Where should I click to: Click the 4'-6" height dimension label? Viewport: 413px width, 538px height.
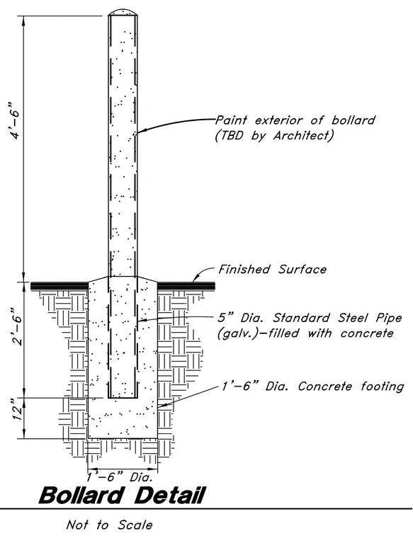(x=16, y=120)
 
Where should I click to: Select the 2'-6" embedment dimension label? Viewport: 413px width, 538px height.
(x=16, y=326)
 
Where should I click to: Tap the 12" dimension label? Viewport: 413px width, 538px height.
(x=16, y=410)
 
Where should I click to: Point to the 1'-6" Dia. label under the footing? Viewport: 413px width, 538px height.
(x=122, y=477)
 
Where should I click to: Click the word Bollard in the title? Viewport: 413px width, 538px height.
(x=81, y=496)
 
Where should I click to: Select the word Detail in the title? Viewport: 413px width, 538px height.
(x=169, y=496)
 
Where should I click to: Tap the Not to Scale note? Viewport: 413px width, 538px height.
(x=109, y=525)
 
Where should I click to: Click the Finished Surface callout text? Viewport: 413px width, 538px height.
(x=272, y=269)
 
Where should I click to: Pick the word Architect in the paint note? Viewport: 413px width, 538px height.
(x=301, y=135)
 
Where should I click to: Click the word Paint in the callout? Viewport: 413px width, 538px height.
(x=231, y=120)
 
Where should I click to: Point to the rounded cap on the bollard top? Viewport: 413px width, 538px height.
(x=123, y=11)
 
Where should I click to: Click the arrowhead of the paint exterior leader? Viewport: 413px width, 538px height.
(x=141, y=131)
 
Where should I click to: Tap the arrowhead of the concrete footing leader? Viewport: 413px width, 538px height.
(x=162, y=406)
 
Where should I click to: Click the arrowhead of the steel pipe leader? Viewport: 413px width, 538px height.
(x=141, y=321)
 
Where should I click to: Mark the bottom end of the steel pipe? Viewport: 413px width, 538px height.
(x=123, y=398)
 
